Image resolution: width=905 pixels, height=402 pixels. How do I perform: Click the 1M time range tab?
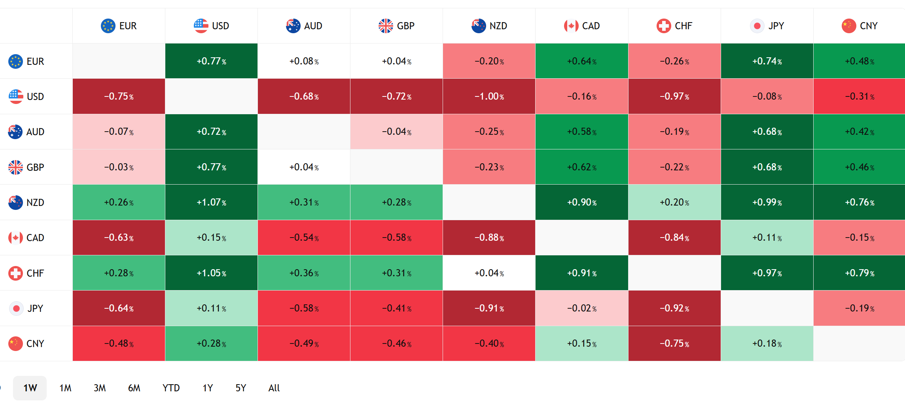point(65,388)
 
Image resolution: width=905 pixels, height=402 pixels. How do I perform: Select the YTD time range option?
point(171,388)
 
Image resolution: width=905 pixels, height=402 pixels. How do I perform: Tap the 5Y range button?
point(241,388)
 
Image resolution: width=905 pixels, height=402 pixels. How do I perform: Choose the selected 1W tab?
point(30,388)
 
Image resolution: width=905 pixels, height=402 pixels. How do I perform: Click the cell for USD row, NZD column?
point(489,96)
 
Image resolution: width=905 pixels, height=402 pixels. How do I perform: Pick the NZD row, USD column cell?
point(211,202)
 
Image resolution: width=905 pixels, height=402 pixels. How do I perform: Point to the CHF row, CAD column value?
point(581,273)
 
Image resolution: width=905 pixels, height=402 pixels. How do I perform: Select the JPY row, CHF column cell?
point(674,308)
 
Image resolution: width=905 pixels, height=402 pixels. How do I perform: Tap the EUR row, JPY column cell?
point(767,61)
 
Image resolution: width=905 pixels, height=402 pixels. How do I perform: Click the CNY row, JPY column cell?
point(767,343)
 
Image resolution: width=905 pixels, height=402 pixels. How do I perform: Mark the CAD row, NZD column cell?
point(489,238)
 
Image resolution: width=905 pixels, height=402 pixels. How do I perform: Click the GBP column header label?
point(405,26)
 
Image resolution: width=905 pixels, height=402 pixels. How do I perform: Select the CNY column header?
point(859,26)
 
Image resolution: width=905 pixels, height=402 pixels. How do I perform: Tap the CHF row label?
point(35,273)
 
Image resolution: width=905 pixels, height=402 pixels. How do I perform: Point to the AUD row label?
point(35,132)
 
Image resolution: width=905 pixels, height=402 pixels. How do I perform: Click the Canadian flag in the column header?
point(571,26)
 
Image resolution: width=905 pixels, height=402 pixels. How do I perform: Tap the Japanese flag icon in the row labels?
point(16,308)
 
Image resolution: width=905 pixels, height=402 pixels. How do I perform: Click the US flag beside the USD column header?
point(201,26)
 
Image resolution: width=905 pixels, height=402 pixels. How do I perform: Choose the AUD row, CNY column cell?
point(859,132)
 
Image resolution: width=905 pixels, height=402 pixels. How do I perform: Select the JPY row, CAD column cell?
point(581,308)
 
